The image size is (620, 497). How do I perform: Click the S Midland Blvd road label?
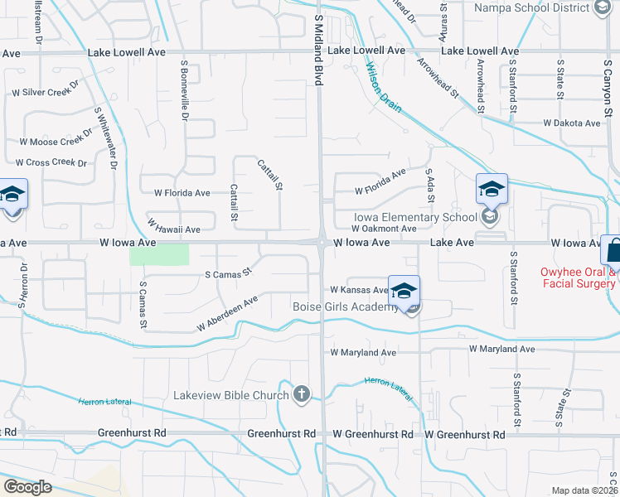(x=318, y=49)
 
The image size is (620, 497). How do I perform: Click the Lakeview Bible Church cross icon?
(x=302, y=394)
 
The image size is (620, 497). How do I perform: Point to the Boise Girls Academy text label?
(x=346, y=306)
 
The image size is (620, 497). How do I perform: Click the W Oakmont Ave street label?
(x=383, y=228)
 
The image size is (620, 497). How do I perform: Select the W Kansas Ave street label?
(x=359, y=290)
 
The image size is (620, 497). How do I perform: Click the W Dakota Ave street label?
(x=571, y=123)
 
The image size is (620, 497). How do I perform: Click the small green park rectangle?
(x=159, y=254)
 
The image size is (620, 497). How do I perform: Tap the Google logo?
(x=27, y=487)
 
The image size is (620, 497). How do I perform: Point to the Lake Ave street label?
(x=452, y=243)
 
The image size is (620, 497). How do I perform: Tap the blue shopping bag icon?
(x=614, y=249)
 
